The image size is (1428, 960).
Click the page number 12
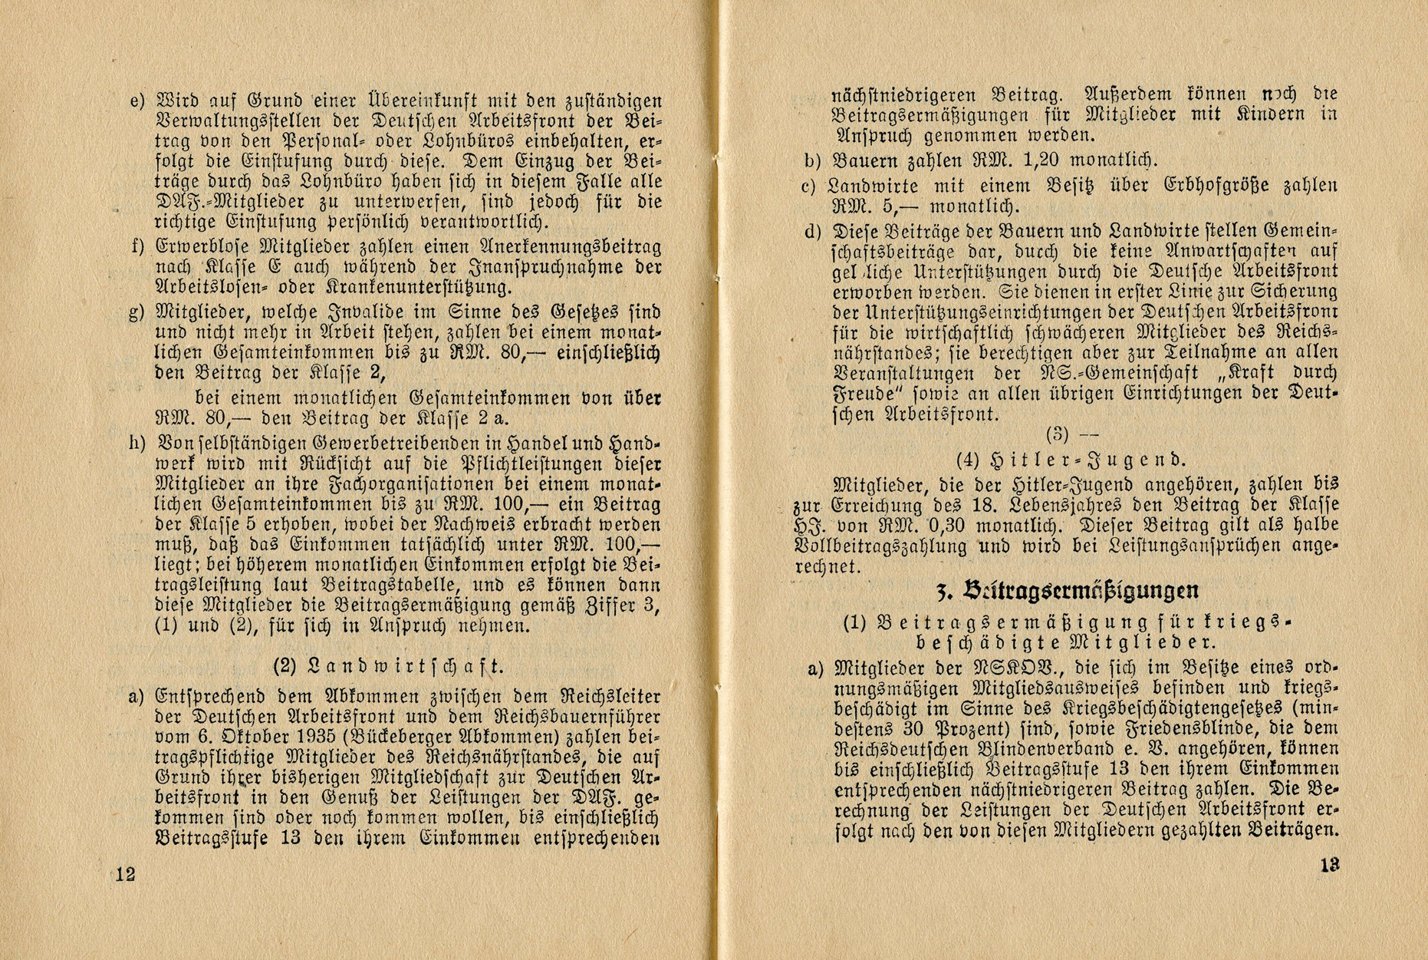[126, 873]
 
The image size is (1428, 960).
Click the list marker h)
[138, 444]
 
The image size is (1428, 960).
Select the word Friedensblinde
[1116, 727]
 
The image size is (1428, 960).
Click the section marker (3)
[1057, 435]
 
